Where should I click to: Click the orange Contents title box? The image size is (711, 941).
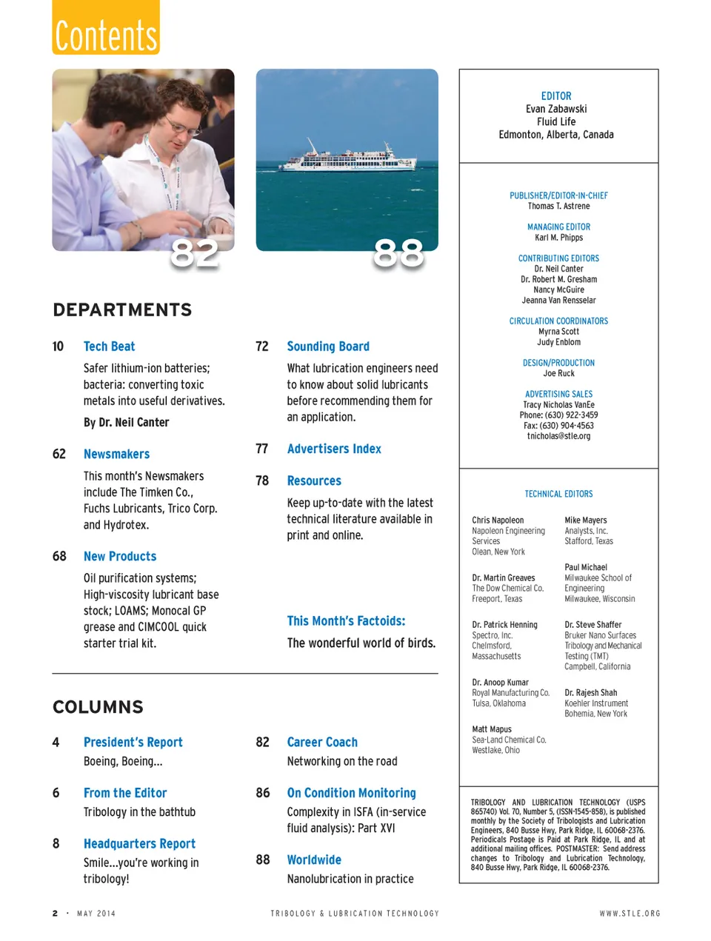(x=106, y=27)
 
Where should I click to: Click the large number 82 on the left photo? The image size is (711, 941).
(x=195, y=253)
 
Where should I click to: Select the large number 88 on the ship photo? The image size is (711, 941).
(x=398, y=253)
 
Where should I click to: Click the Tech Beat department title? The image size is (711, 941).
(x=109, y=346)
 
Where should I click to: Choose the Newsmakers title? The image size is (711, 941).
(x=116, y=454)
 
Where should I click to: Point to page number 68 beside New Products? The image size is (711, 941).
(x=59, y=556)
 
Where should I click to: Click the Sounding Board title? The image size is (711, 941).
(x=328, y=346)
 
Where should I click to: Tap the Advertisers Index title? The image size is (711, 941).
(x=334, y=449)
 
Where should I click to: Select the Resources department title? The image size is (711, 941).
(x=314, y=480)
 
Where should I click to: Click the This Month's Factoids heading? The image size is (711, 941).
(x=346, y=621)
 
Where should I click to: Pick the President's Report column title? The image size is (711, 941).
(x=133, y=742)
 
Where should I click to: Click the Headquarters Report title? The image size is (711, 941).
(x=139, y=843)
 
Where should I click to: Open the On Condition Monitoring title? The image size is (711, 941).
(x=351, y=793)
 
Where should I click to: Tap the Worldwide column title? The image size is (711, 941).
(x=314, y=860)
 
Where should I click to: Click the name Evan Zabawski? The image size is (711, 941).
(x=556, y=109)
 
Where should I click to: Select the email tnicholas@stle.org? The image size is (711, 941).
(x=558, y=436)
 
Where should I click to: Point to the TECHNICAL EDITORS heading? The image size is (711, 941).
(x=558, y=494)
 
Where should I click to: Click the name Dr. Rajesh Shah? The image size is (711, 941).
(x=590, y=693)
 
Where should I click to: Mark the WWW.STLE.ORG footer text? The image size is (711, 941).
(x=630, y=914)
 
